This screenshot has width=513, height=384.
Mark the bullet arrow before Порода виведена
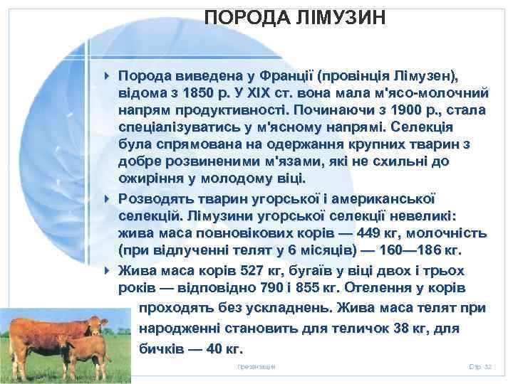(105, 75)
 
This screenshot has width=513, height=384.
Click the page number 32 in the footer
(488, 366)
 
